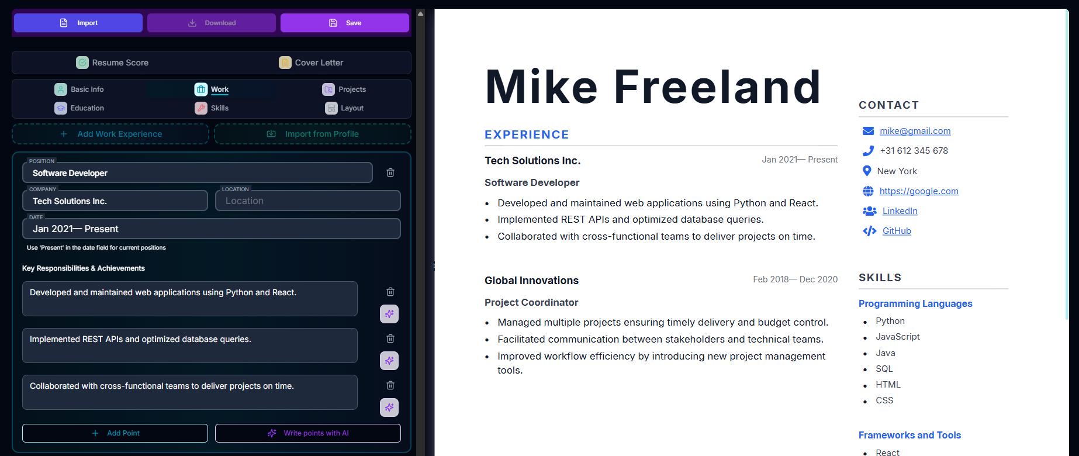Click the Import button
(78, 23)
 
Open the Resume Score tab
(112, 63)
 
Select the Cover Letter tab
(311, 63)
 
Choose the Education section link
(79, 108)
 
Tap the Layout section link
(345, 108)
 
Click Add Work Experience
(111, 134)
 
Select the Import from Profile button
(313, 134)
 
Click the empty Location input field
(308, 201)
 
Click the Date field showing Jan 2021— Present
(211, 229)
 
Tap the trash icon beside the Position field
(390, 172)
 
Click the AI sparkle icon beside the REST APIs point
(389, 361)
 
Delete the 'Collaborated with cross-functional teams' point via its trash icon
(390, 385)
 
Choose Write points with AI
(308, 433)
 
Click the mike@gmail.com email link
(915, 131)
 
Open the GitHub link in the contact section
(897, 231)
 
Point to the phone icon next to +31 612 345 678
(868, 151)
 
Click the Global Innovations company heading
(531, 281)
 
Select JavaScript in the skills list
(897, 337)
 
